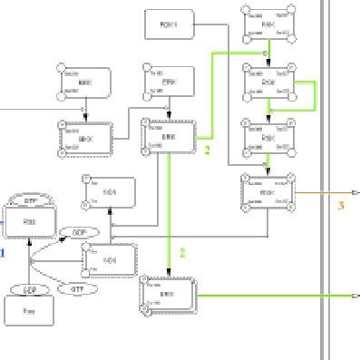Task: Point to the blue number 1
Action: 3,251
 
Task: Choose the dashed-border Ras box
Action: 29,224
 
